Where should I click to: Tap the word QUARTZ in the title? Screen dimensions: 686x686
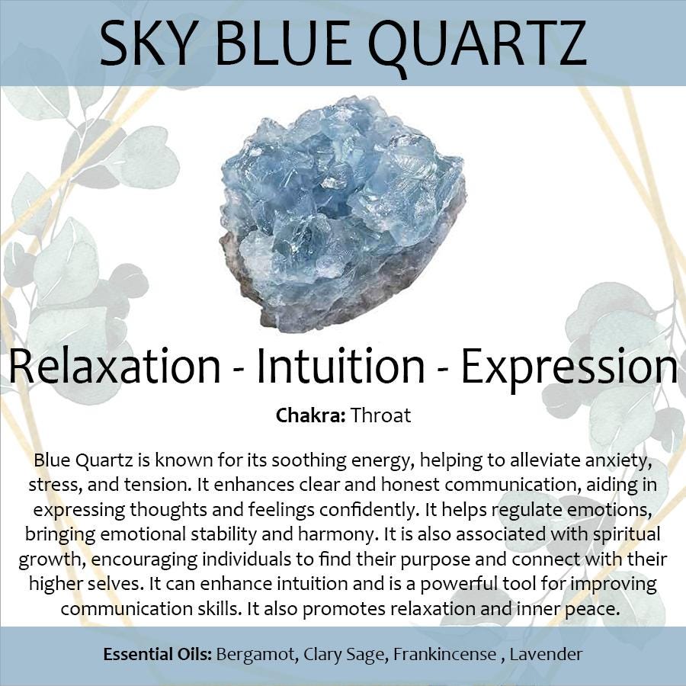(477, 46)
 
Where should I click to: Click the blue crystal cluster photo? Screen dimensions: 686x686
(342, 213)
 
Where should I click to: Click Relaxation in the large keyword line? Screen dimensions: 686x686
(114, 366)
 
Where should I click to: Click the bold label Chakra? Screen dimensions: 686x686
(311, 415)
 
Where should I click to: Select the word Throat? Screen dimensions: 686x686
(380, 415)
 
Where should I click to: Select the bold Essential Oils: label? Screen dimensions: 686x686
(158, 655)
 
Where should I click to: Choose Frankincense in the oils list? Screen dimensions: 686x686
(444, 655)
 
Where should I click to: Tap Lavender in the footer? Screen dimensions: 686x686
(546, 655)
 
